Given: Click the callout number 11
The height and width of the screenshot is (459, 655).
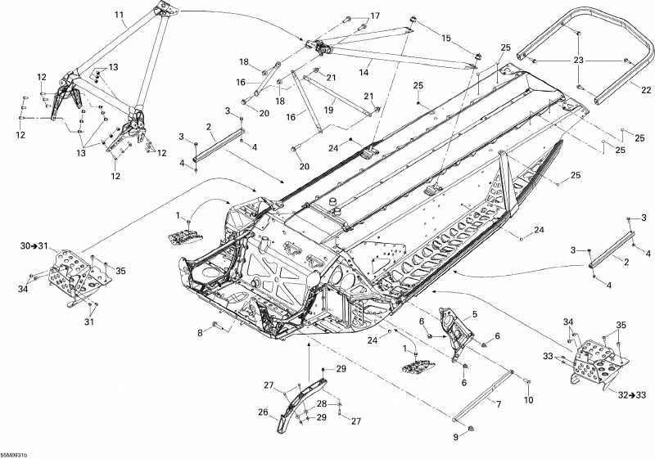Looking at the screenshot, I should point(120,15).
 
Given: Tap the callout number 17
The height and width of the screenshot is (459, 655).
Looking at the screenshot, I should point(375,16).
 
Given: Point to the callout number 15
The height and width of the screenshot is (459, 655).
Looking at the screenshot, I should point(445,38).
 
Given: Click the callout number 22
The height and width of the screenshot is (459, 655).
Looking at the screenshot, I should point(474,314).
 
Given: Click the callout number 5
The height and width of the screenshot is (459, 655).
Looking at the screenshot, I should point(199,332).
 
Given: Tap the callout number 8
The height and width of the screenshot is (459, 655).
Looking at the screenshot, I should point(528,400).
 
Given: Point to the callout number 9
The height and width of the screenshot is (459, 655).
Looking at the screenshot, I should point(263,412).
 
